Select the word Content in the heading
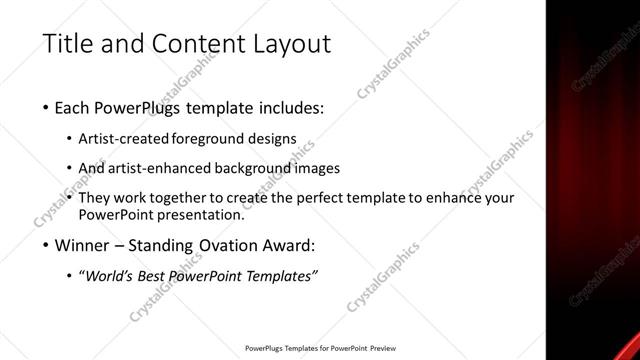189,44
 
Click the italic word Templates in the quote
282,276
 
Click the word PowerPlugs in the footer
267,349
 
